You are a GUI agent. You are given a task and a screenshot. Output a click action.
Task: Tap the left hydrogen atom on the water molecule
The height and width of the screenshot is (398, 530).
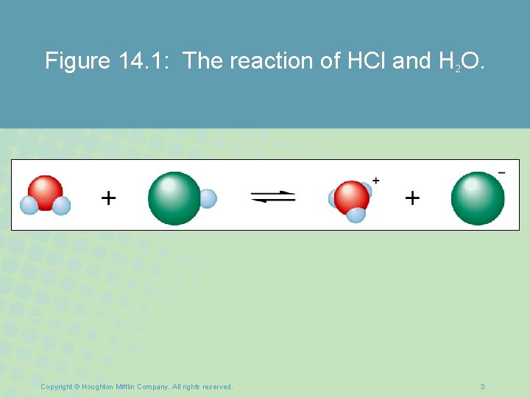(29, 205)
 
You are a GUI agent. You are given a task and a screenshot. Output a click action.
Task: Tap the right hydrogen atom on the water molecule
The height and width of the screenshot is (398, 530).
(62, 205)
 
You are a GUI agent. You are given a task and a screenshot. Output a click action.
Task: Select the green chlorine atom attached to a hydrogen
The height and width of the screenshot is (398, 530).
(174, 198)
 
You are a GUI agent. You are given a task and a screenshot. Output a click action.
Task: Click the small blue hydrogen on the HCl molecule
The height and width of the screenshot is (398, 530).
(208, 198)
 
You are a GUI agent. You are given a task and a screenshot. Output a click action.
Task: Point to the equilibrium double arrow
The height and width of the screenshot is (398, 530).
(273, 198)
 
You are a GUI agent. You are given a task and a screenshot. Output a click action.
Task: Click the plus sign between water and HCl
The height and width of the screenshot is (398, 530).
(108, 198)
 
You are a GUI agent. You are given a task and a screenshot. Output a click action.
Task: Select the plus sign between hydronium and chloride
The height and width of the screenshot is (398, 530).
(412, 198)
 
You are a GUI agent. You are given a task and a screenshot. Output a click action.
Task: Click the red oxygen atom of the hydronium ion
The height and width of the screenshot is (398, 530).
(351, 196)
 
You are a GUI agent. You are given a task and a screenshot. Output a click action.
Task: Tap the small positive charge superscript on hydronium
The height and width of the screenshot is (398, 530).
(376, 180)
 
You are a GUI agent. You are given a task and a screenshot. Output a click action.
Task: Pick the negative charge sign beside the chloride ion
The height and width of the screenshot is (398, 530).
(501, 173)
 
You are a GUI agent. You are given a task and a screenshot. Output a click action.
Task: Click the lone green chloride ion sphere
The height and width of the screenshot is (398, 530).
(477, 198)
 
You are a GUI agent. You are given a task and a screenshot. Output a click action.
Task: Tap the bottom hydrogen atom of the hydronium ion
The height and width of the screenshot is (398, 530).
(356, 214)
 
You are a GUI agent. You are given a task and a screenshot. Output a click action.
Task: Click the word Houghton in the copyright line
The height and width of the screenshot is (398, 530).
(99, 387)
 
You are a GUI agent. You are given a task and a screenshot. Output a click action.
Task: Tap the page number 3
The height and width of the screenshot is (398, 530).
(482, 387)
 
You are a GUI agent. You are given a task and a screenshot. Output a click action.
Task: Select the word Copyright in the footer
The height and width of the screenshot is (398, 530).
(57, 387)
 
